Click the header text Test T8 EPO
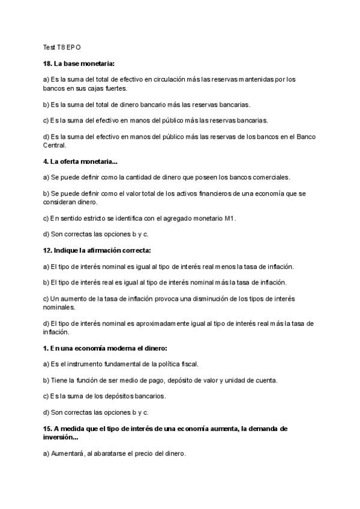coord(62,47)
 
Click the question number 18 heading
coord(49,63)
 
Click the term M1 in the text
coord(230,218)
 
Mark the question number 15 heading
coord(49,429)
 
